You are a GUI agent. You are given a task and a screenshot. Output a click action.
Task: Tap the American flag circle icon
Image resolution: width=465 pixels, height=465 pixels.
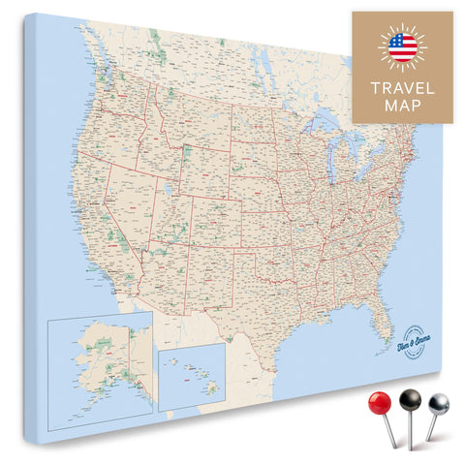tap(402, 47)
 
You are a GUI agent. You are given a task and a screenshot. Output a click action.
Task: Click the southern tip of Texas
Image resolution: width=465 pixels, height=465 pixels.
tap(246, 338)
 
